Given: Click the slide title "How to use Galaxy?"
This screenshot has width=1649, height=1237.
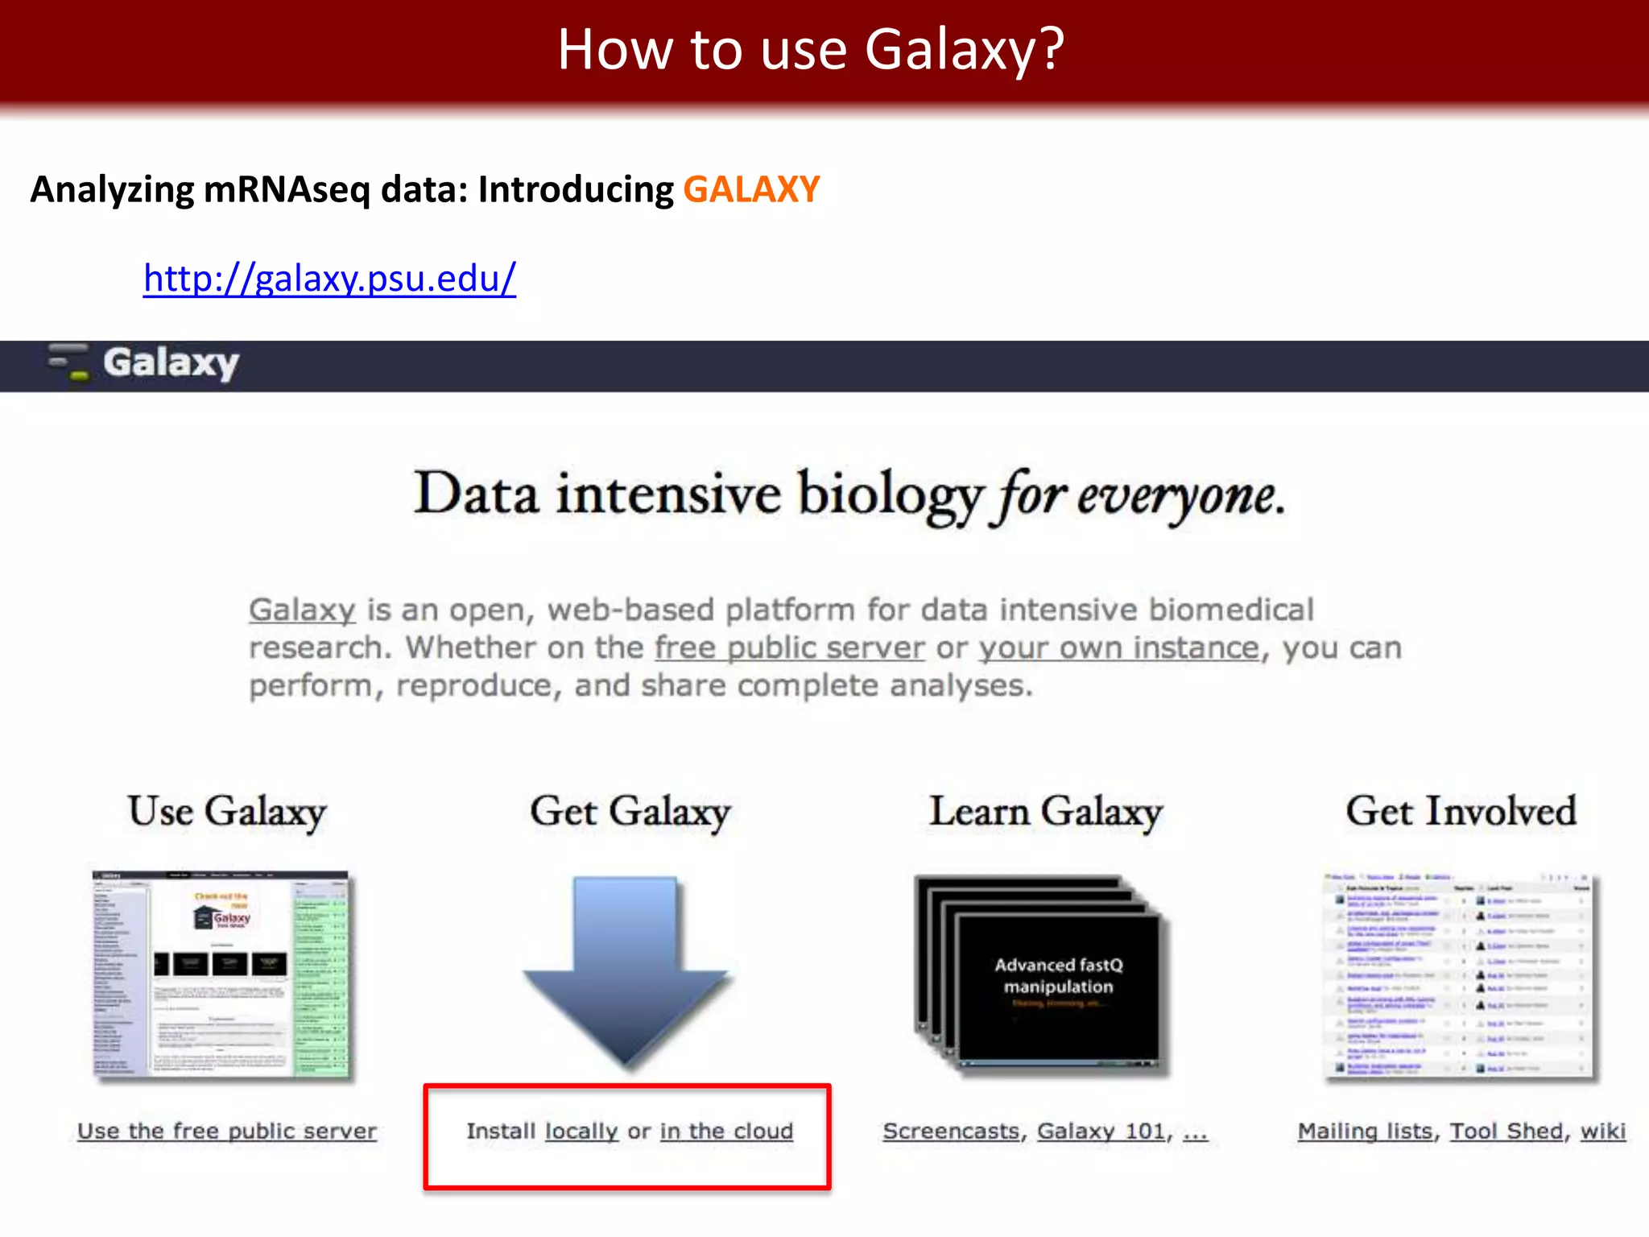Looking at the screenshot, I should (811, 50).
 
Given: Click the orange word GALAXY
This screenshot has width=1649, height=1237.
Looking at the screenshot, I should (751, 190).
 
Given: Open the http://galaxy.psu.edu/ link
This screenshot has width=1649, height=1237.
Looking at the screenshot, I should (329, 279).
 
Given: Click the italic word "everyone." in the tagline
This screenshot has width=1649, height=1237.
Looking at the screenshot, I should (1180, 494).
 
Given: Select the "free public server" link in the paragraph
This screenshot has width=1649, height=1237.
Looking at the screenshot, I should (789, 648).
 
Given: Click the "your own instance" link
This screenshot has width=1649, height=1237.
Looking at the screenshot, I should (1118, 648).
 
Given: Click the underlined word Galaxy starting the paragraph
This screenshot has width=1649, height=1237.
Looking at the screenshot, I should (302, 610).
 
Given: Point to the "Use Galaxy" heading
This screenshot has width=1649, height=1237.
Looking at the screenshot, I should (227, 811).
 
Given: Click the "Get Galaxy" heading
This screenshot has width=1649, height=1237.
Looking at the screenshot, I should (630, 811).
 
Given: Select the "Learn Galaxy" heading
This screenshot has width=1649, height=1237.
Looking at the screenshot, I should (1046, 811).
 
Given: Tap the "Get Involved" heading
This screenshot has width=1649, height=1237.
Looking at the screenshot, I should (1461, 811).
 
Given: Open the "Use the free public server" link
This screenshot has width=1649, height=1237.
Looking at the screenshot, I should (227, 1132).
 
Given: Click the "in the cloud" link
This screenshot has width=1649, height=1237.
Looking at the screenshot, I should (726, 1132).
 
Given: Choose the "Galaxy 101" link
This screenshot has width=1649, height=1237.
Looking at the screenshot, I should (1101, 1132).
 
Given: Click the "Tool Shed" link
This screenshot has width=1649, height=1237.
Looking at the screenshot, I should (1506, 1132).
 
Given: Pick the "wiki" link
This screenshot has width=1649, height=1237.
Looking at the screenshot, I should (1602, 1132).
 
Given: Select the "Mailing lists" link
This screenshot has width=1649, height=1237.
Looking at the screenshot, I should (1366, 1132).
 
